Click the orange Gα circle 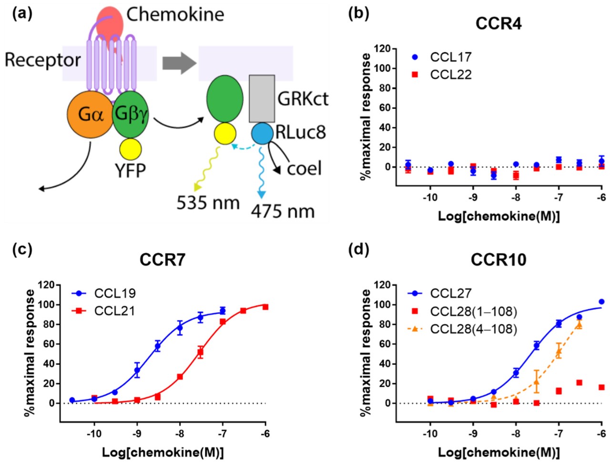(91, 114)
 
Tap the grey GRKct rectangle (262, 99)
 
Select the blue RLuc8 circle (262, 134)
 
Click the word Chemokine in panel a (175, 14)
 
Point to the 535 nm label (208, 203)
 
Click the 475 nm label (283, 210)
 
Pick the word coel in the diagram (304, 168)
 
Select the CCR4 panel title (498, 24)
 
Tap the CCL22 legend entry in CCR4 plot (450, 75)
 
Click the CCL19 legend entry (114, 293)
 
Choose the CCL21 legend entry (114, 311)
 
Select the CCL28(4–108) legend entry (472, 329)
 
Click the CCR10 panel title (498, 260)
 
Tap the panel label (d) (359, 249)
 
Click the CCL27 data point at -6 (601, 302)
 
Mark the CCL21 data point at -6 (265, 307)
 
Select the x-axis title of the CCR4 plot (498, 216)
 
